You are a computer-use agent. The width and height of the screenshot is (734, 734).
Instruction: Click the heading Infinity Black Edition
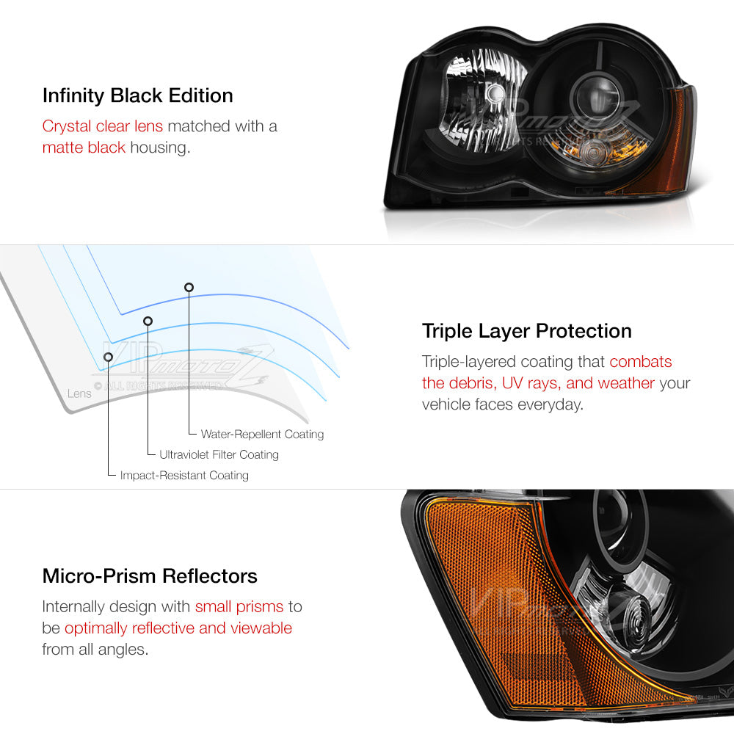(x=138, y=95)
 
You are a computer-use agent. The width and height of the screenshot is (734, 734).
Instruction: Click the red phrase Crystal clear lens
(x=103, y=126)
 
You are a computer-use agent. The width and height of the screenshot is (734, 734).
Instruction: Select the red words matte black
(x=84, y=148)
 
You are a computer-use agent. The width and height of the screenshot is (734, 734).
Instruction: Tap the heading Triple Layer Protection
(x=526, y=331)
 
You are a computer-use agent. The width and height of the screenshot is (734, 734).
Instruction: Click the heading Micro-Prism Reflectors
(x=150, y=575)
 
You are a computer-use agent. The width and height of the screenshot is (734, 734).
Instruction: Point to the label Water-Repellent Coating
(x=262, y=435)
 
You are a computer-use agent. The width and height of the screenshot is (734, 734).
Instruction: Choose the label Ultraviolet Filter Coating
(x=219, y=454)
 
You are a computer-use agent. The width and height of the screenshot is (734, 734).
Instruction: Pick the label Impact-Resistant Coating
(x=184, y=475)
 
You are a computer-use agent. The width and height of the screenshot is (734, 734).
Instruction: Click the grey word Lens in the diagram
(x=79, y=393)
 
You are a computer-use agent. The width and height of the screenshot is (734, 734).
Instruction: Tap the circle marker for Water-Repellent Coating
(x=189, y=287)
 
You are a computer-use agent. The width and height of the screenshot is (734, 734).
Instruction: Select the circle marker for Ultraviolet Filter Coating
(x=148, y=321)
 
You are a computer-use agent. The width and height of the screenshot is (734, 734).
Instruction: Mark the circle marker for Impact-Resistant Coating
(x=108, y=357)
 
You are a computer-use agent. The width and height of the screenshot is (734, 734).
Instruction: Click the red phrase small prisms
(x=239, y=607)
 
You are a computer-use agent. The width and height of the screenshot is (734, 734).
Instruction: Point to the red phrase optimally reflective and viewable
(x=178, y=628)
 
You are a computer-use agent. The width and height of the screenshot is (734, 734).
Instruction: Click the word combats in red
(x=640, y=361)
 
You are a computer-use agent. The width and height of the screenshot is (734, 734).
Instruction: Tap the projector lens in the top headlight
(x=595, y=96)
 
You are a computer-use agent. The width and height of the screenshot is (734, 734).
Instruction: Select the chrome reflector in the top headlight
(x=482, y=101)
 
